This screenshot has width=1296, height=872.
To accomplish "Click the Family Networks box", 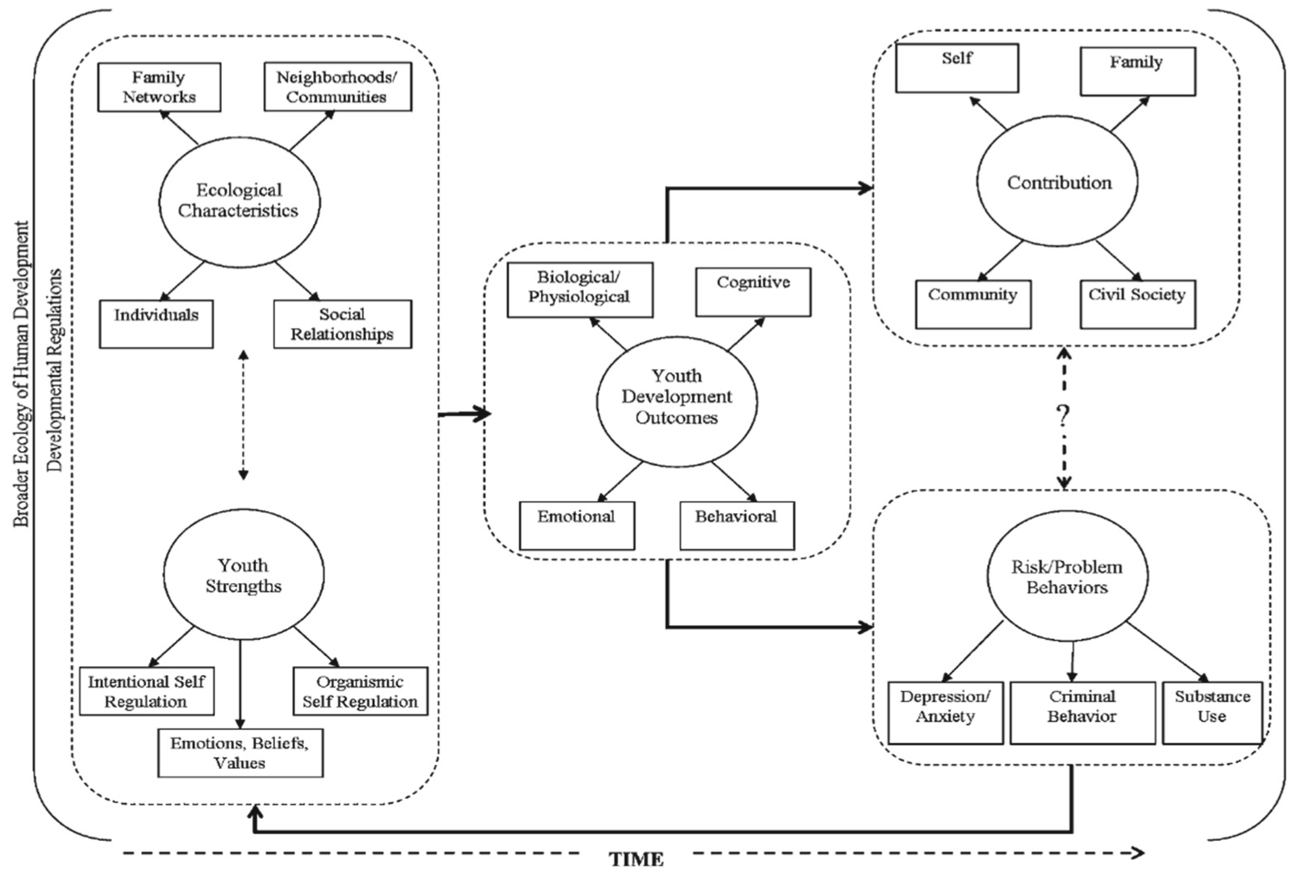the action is point(159,87).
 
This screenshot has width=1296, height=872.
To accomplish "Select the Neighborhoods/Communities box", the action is point(338,87).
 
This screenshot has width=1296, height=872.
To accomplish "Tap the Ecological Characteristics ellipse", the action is point(239,201).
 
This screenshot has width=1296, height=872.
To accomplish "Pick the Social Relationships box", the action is point(343,324).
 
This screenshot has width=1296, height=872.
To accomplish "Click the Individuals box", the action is point(156,324).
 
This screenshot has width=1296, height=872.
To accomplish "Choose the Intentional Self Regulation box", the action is point(147,691).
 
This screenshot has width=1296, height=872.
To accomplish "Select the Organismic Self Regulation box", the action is point(360,691).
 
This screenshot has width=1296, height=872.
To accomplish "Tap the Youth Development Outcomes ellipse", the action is point(677,401).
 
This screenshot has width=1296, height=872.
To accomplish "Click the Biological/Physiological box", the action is point(580,290).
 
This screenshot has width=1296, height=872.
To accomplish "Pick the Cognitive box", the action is point(753,292).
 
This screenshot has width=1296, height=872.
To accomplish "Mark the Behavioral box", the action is point(737,525).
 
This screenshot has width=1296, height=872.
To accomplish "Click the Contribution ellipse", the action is point(1057,181).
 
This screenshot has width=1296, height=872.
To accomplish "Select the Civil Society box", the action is point(1138,304).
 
